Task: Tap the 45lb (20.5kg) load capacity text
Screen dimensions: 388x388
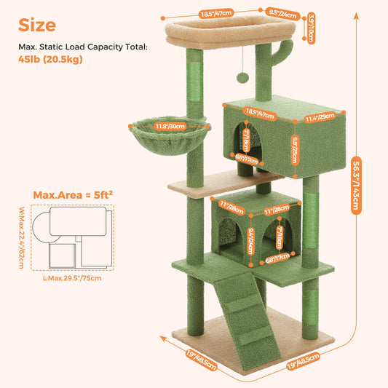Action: pyautogui.click(x=50, y=59)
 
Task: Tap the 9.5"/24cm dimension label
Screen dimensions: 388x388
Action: pyautogui.click(x=284, y=13)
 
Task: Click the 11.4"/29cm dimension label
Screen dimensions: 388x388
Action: pyautogui.click(x=321, y=116)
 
